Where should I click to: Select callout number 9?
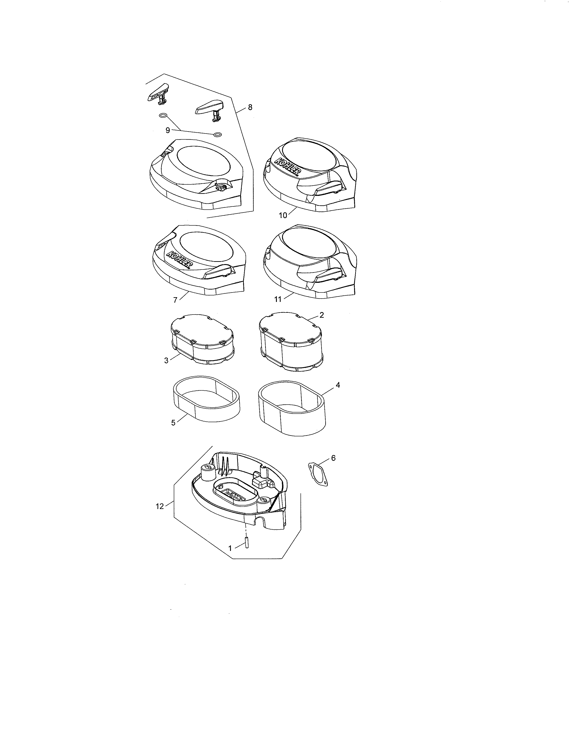click(x=168, y=130)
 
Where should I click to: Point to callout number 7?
click(x=175, y=300)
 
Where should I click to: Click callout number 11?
click(x=278, y=299)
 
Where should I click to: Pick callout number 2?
click(x=321, y=315)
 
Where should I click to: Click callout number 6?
click(x=333, y=458)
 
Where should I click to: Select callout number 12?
click(x=160, y=516)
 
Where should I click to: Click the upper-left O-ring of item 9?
click(x=163, y=116)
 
